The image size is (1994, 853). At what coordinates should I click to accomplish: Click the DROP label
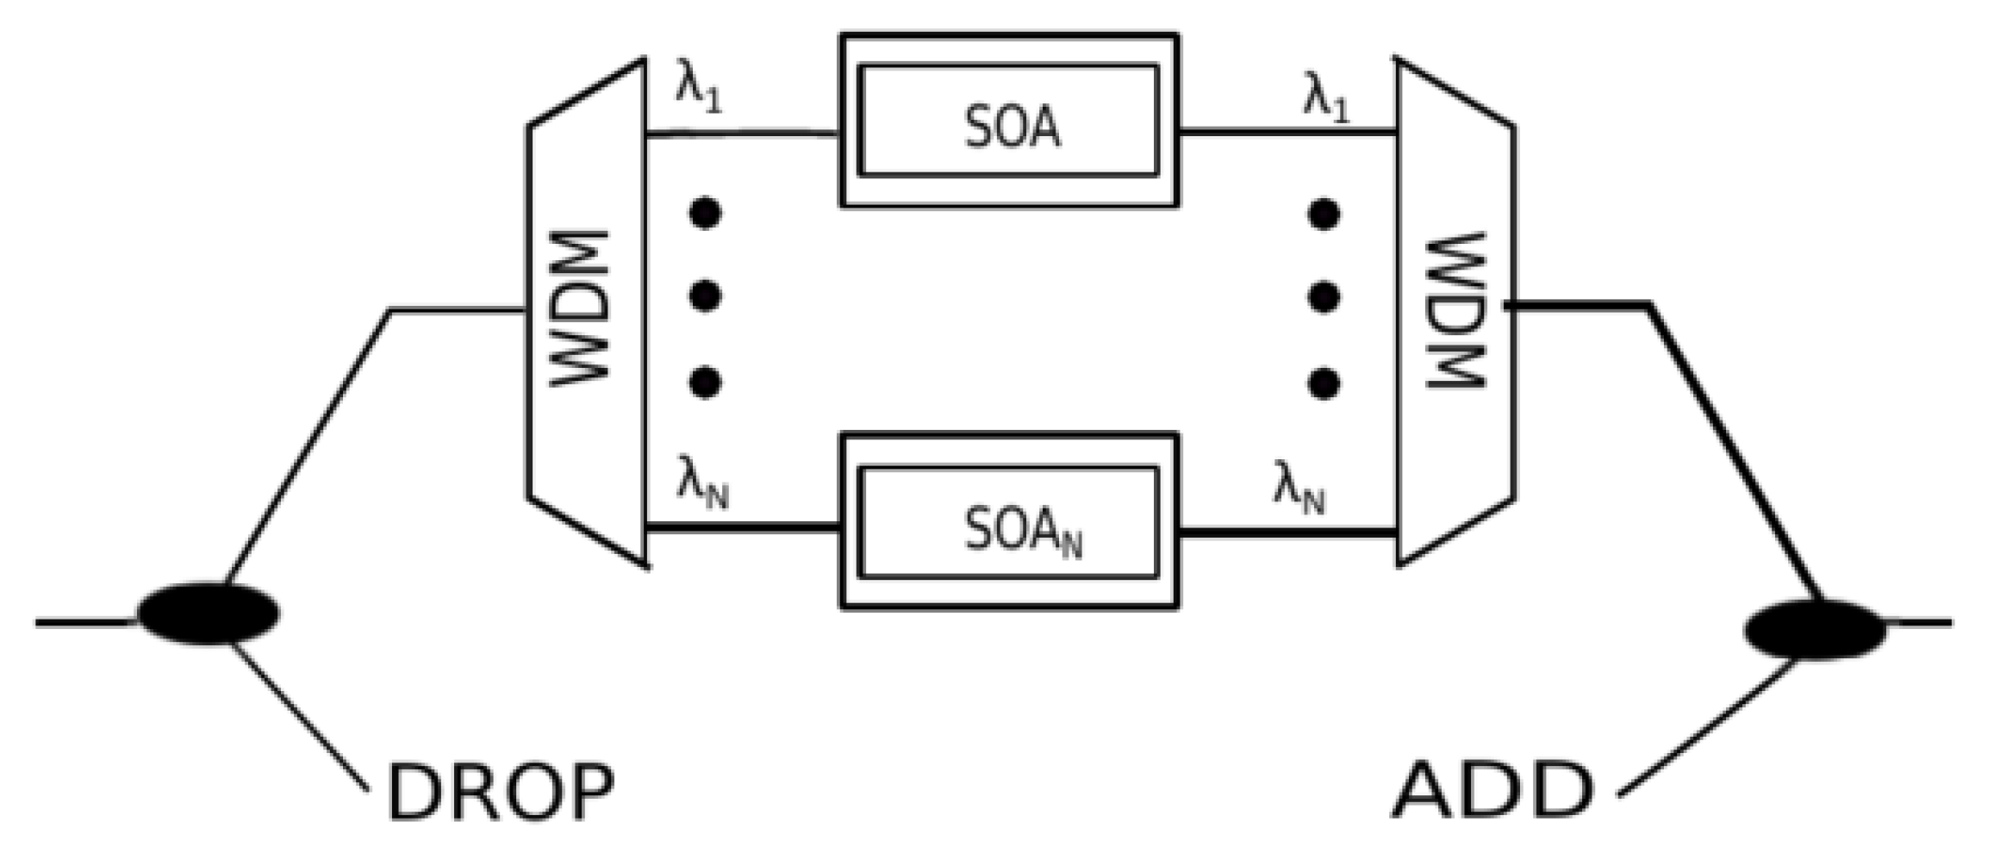pyautogui.click(x=501, y=792)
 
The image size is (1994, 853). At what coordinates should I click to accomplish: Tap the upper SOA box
pyautogui.click(x=1009, y=121)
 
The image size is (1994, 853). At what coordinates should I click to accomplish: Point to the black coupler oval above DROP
pyautogui.click(x=209, y=613)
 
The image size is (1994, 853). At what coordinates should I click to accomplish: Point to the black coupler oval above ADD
pyautogui.click(x=1815, y=629)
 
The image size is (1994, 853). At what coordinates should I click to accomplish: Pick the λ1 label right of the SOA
pyautogui.click(x=1325, y=97)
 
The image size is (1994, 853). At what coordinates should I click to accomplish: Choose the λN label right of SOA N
pyautogui.click(x=1299, y=488)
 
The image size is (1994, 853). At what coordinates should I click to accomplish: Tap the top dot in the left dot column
pyautogui.click(x=706, y=213)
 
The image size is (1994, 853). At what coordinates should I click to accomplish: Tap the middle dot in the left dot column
pyautogui.click(x=706, y=296)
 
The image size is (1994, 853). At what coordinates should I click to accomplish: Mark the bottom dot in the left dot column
pyautogui.click(x=706, y=381)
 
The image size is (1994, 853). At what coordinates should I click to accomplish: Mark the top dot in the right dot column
pyautogui.click(x=1324, y=215)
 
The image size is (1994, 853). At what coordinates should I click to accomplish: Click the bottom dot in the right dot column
pyautogui.click(x=1324, y=383)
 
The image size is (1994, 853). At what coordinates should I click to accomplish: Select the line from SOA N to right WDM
pyautogui.click(x=1287, y=533)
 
